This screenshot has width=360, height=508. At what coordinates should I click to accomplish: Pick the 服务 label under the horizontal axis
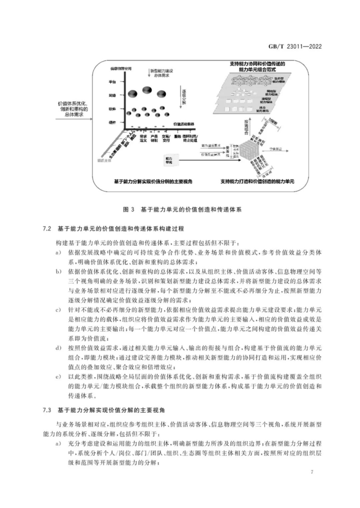click(x=177, y=136)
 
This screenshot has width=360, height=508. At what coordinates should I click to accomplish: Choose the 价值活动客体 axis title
click(x=184, y=124)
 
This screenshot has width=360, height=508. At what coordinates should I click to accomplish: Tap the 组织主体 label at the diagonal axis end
click(x=103, y=161)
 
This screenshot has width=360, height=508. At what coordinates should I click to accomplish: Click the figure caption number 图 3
click(x=128, y=209)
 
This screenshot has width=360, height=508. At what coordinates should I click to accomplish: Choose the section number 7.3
click(x=47, y=410)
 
